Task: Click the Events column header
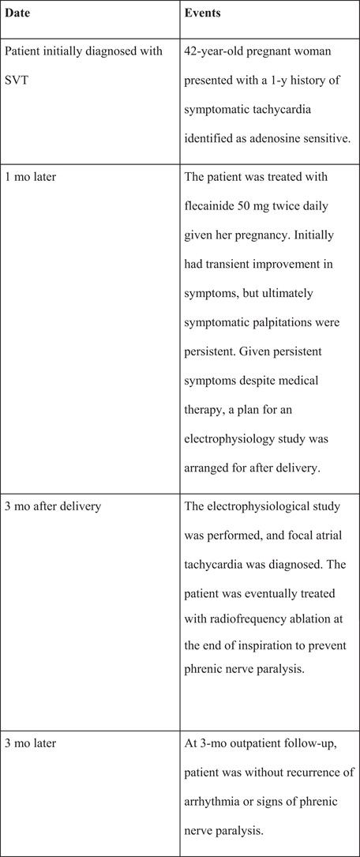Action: tap(203, 14)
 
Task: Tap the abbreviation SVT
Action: tap(18, 80)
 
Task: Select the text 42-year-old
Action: tap(217, 52)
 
